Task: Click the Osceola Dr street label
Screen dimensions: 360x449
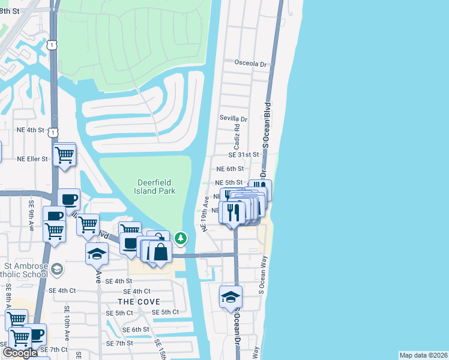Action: (250, 64)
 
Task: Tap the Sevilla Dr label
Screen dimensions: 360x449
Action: (234, 119)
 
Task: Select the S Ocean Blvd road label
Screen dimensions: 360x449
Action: (267, 124)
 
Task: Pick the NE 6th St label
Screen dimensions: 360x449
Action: (230, 170)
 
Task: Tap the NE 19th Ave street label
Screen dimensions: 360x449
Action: (205, 213)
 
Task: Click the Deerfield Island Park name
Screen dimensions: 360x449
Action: (156, 187)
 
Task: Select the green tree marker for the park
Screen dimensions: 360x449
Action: (181, 239)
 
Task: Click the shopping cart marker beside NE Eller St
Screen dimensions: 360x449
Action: (64, 155)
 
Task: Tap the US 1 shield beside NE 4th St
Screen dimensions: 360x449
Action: (55, 130)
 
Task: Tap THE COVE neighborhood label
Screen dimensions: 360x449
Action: (139, 301)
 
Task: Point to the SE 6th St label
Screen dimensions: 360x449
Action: (136, 330)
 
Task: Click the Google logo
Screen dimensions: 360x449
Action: (20, 353)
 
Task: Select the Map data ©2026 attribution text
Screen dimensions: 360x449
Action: (423, 355)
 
